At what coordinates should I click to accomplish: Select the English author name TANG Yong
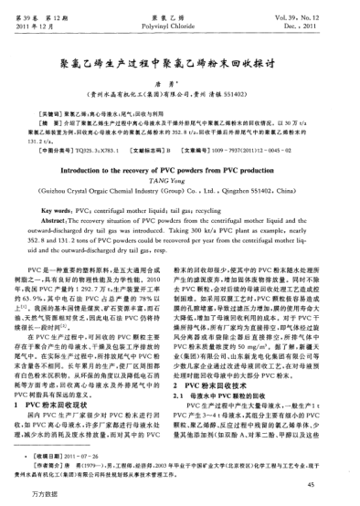179,157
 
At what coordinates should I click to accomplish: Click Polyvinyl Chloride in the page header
179,16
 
